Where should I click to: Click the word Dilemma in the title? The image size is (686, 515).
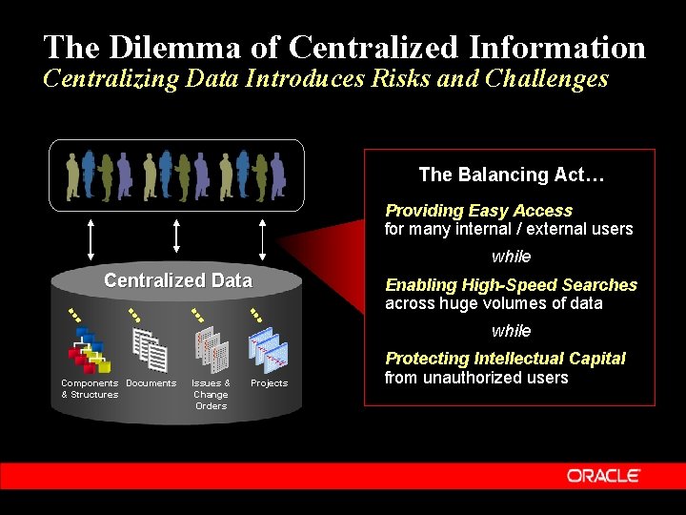pos(180,47)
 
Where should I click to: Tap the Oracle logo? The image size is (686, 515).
pos(603,475)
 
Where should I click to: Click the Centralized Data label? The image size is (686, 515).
pos(178,280)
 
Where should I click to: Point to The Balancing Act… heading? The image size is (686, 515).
pos(512,175)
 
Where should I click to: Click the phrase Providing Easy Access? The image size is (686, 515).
pos(478,211)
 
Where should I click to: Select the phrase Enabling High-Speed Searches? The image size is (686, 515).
pos(511,285)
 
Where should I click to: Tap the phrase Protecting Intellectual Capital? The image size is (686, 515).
pos(505,359)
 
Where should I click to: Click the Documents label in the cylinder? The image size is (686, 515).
pos(151,383)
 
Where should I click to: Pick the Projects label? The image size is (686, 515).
pos(269,383)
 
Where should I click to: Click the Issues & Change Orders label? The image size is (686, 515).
pos(211,394)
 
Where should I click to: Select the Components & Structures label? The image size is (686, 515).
pos(90,388)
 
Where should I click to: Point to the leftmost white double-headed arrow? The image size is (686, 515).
pos(90,237)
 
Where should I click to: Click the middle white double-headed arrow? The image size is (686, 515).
pos(177,237)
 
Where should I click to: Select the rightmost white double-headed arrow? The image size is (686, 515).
pos(264,237)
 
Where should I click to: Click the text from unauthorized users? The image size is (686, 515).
pos(475,378)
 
